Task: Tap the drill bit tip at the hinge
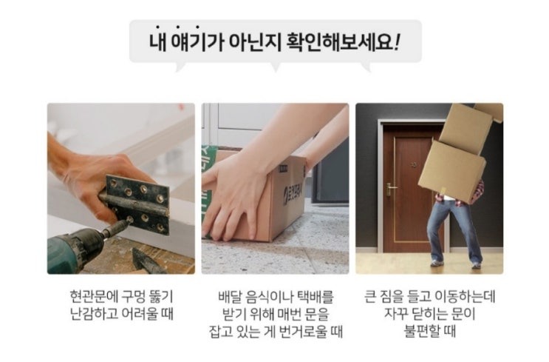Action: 129,221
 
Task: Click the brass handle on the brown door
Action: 390,189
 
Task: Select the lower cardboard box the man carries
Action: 452,172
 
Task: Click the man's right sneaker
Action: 437,264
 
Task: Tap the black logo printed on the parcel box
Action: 294,194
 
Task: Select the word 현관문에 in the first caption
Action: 94,297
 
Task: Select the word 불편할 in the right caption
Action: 421,332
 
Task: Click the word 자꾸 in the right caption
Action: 395,314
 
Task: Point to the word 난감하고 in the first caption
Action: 94,314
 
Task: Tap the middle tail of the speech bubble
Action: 275,67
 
